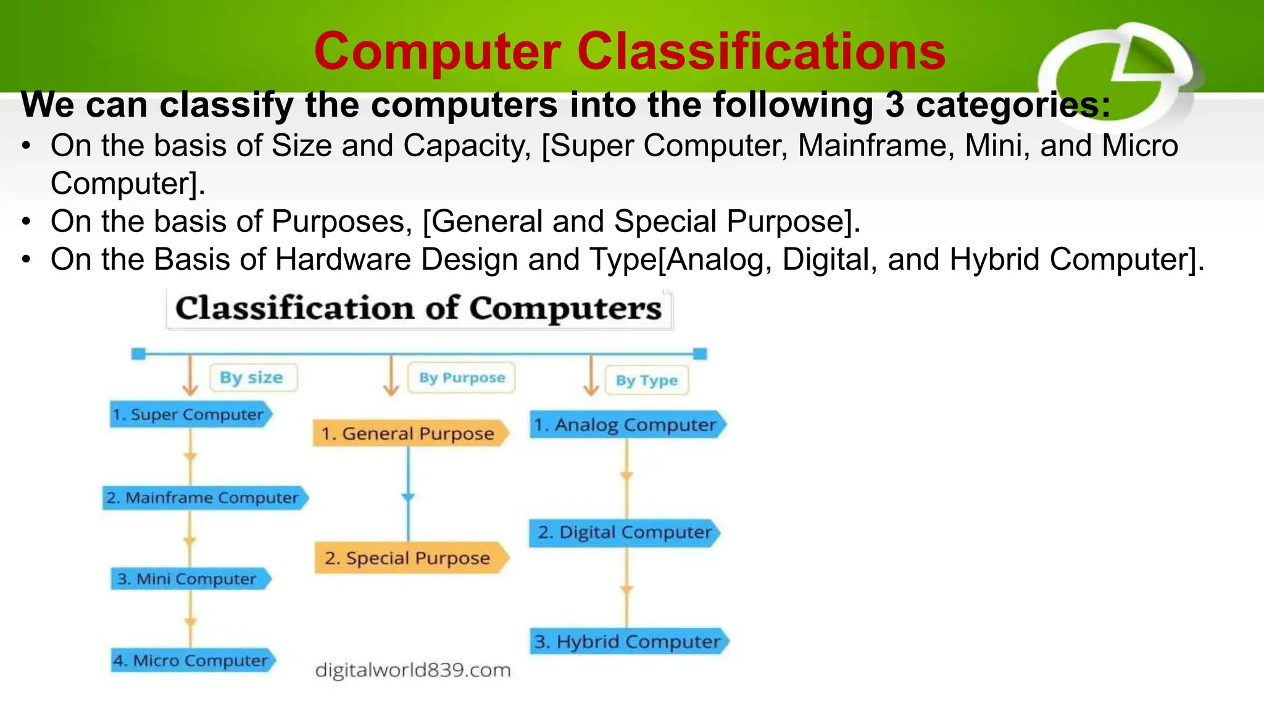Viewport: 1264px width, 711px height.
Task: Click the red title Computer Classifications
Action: (630, 52)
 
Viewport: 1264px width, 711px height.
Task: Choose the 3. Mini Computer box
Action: (189, 579)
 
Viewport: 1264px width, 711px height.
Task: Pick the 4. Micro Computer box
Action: (191, 661)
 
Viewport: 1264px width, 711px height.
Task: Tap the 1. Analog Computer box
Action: (626, 425)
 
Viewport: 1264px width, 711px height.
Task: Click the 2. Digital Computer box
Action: (624, 533)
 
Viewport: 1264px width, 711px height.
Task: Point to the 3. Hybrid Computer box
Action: (628, 642)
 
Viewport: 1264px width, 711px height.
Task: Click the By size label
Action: (252, 378)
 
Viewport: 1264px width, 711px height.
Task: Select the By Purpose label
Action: (462, 378)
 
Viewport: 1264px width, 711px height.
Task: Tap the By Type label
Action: (646, 380)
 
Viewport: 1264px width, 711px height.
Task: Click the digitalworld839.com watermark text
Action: (412, 670)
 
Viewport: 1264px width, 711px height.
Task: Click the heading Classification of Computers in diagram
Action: (418, 309)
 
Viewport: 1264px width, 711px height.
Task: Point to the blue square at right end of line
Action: (700, 354)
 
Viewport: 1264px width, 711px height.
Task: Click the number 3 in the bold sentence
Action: (894, 105)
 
